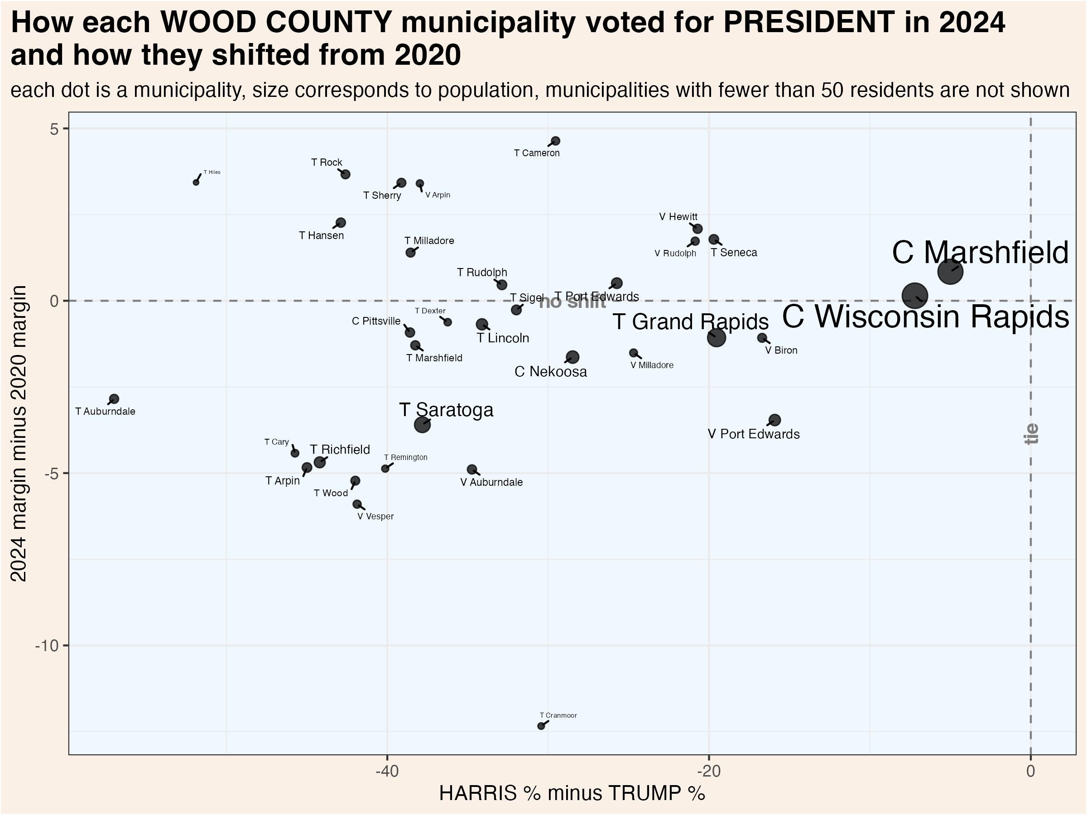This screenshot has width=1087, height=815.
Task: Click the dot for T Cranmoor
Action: tap(541, 726)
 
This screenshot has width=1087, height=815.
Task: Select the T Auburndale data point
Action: tap(114, 399)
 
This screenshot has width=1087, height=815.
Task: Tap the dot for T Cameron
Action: tap(555, 141)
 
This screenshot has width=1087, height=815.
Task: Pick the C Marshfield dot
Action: tap(950, 272)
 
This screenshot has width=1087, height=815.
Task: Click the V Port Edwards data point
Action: tap(774, 420)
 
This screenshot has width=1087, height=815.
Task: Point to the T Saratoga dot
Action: tap(422, 424)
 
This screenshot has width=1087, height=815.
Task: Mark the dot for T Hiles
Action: tap(196, 182)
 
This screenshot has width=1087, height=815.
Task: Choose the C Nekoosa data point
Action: tap(572, 357)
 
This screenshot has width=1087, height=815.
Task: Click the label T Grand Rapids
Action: tap(690, 322)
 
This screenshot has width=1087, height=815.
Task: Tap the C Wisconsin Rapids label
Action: tap(925, 317)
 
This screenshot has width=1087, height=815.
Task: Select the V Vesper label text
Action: tap(375, 516)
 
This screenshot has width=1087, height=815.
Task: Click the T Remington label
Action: tap(405, 457)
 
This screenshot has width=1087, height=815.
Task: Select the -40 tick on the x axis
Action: tap(387, 771)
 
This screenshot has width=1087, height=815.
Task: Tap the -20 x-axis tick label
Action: tap(709, 771)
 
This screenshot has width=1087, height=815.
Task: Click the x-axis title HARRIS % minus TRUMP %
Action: tap(572, 793)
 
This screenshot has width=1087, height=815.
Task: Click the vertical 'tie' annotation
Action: tap(1031, 433)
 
